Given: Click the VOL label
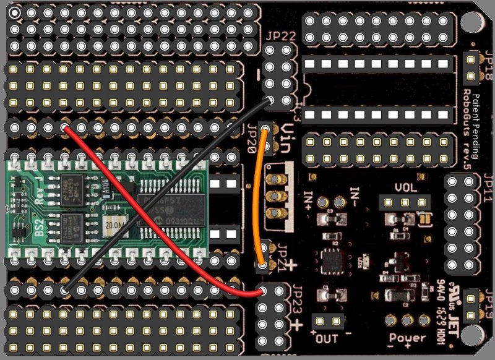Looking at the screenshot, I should point(405,187).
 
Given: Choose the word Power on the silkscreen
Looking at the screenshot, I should point(408,338).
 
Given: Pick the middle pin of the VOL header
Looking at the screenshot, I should point(405,202).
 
